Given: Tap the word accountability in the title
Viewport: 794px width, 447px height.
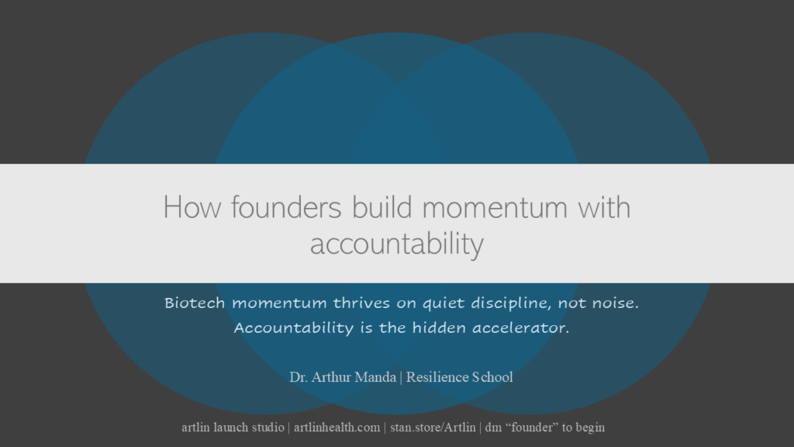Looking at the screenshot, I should (x=397, y=244).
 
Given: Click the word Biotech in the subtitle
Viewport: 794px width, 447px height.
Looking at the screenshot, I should (x=195, y=303).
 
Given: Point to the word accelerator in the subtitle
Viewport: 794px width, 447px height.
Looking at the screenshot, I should (x=520, y=327).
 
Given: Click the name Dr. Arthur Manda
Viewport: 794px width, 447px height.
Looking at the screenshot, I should (x=343, y=377).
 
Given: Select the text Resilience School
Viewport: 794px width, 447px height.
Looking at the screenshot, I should (x=459, y=377).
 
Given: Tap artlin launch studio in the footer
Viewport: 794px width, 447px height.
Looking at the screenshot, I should (x=233, y=427).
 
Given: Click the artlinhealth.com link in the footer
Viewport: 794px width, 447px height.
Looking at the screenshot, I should (x=337, y=427).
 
